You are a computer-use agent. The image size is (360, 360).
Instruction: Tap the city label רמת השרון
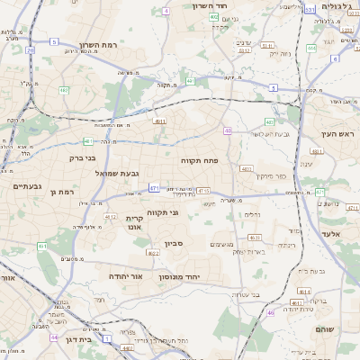pyautogui.click(x=99, y=44)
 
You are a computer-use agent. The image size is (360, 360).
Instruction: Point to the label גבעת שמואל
pyautogui.click(x=116, y=172)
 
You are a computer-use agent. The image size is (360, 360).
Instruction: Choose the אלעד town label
pyautogui.click(x=328, y=232)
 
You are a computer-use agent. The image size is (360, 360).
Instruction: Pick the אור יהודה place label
pyautogui.click(x=128, y=276)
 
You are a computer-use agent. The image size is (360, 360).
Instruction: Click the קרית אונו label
pyautogui.click(x=134, y=222)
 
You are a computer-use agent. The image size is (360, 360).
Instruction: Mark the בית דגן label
pyautogui.click(x=78, y=340)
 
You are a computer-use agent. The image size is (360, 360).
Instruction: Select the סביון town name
pyautogui.click(x=175, y=243)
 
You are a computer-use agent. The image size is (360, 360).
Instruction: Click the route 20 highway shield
pyautogui.click(x=30, y=50)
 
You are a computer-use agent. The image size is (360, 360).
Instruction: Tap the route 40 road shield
pyautogui.click(x=228, y=131)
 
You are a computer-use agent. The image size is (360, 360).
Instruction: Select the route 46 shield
pyautogui.click(x=269, y=312)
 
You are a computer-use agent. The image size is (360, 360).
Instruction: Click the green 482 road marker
pyautogui.click(x=64, y=90)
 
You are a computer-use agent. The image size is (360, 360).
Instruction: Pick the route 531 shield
pyautogui.click(x=309, y=10)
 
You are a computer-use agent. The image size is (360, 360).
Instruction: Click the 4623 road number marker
pyautogui.click(x=254, y=238)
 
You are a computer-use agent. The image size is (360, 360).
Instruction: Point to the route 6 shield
pyautogui.click(x=334, y=58)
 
